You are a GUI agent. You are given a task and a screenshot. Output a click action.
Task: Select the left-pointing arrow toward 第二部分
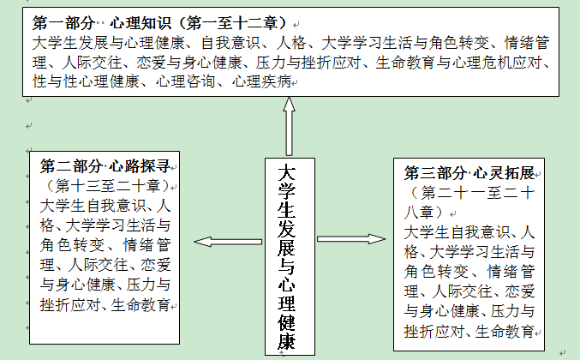[x=226, y=241]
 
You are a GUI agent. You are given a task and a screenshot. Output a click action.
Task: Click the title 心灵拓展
[x=507, y=172]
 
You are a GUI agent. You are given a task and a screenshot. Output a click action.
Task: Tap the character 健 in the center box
[x=290, y=323]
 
